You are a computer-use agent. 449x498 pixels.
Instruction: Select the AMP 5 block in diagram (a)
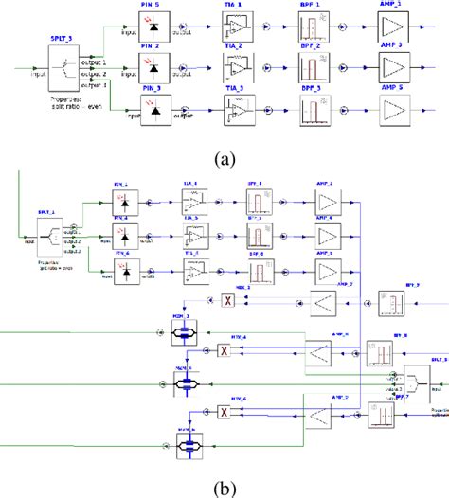pyautogui.click(x=394, y=113)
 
